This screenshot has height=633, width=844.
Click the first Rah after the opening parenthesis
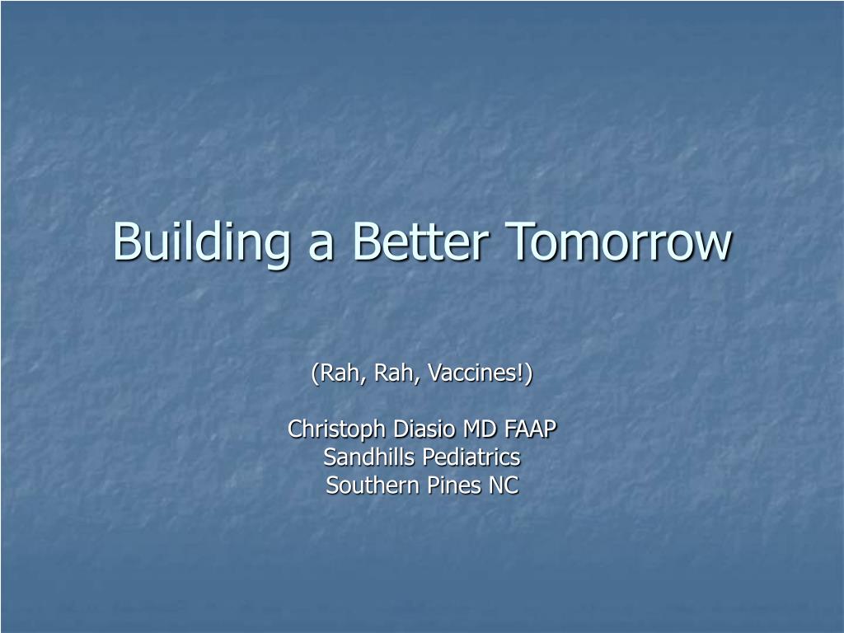coord(340,373)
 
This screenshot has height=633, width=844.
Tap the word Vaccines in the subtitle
coord(472,373)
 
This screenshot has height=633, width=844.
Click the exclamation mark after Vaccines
coord(521,373)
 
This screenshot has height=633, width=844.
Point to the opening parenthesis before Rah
coord(315,373)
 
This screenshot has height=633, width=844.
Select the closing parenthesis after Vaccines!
coord(528,373)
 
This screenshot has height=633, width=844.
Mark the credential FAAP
coord(530,429)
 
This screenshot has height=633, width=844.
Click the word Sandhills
coord(368,457)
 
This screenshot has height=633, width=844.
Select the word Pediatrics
coord(471,457)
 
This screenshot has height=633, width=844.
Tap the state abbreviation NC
coord(504,485)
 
